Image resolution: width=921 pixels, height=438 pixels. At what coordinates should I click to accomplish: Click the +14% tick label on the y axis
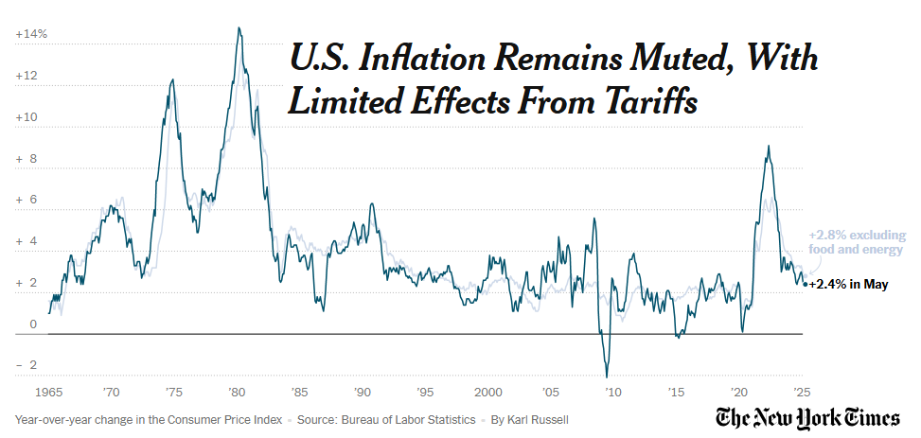31,34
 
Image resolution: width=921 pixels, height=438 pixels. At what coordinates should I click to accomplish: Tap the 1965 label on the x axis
49,392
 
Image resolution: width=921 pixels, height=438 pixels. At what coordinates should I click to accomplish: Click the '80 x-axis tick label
237,392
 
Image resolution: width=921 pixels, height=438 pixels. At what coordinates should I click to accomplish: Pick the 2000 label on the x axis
488,392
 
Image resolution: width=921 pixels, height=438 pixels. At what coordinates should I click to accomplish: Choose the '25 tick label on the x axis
801,392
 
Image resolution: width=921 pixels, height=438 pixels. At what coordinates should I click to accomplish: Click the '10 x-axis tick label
613,392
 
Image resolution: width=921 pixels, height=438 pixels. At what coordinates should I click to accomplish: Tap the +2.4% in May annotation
848,284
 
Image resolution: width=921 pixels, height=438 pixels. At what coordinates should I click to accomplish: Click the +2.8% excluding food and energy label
856,242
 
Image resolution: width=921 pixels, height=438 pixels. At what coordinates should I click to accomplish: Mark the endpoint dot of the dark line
805,284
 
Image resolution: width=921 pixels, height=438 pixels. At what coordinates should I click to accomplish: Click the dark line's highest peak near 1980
239,27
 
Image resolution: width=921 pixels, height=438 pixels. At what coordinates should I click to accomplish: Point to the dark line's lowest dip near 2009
607,377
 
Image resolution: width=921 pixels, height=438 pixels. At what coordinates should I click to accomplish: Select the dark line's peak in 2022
769,146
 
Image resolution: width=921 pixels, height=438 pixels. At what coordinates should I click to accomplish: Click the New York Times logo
808,418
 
